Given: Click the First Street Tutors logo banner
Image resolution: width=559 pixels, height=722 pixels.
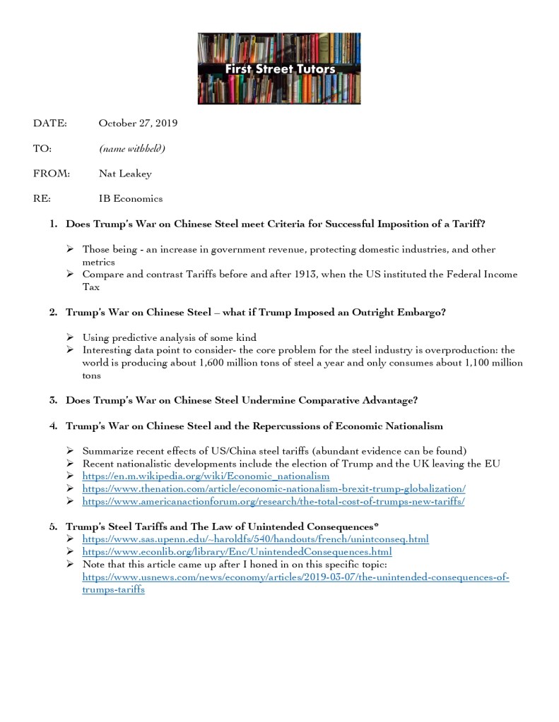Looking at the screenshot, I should pos(279,69).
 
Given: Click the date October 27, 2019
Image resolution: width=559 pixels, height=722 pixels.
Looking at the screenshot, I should pos(138,124).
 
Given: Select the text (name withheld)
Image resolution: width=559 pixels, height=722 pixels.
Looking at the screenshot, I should pos(132,148).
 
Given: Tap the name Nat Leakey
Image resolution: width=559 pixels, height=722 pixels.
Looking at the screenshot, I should pos(125,174).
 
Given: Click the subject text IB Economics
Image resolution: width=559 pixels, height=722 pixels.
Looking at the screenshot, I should pos(131,199).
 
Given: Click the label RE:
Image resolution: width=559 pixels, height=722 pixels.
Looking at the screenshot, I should pos(42,199).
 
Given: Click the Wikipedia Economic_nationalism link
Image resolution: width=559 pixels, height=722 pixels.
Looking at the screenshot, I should pos(206,476).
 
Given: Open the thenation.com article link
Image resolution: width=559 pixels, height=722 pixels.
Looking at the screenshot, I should pos(273,488).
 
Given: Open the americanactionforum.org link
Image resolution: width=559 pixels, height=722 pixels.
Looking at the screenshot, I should pos(273,502).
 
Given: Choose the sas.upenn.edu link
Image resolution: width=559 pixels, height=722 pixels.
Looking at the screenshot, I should pos(255,540).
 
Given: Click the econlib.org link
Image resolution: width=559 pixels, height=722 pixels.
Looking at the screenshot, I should pos(237,552).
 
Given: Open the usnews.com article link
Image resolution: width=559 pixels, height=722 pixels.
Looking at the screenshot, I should pos(295,577).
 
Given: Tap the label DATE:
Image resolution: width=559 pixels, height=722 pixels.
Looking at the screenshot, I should pos(49,124).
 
